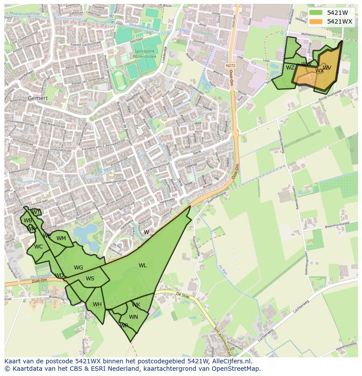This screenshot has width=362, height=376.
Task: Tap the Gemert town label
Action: tap(38, 98)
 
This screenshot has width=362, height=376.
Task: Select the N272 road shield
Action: tap(230, 65)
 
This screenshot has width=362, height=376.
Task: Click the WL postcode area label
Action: tap(143, 265)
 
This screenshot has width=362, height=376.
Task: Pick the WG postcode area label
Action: tap(79, 268)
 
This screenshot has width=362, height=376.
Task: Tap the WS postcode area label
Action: tap(90, 279)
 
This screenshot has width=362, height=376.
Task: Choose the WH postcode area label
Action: tap(97, 304)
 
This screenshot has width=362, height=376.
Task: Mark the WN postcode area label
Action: tap(133, 317)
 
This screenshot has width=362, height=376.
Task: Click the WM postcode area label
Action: tap(61, 238)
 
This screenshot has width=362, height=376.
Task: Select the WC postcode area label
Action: tap(38, 247)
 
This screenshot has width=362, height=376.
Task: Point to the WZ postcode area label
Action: tap(290, 68)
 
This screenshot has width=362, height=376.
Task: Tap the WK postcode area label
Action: tap(136, 305)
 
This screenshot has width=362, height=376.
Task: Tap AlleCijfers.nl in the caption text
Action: tap(230, 361)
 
